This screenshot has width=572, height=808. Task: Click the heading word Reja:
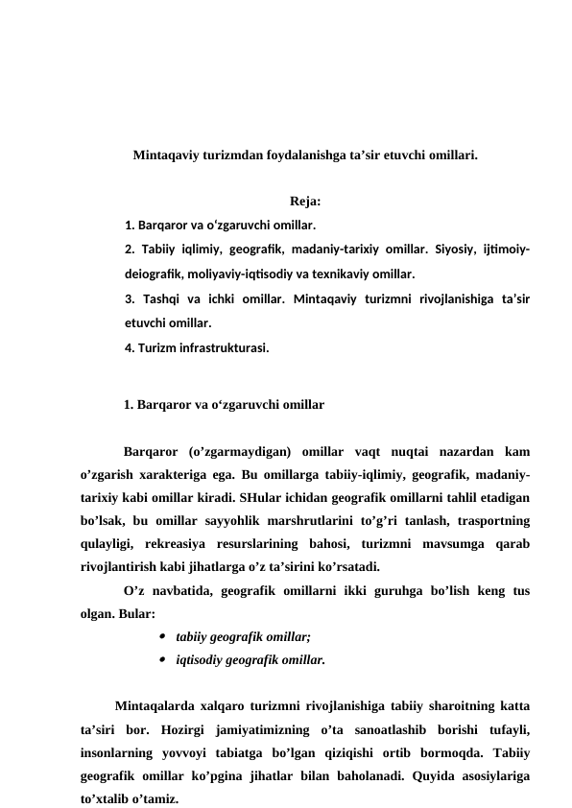pyautogui.click(x=304, y=202)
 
